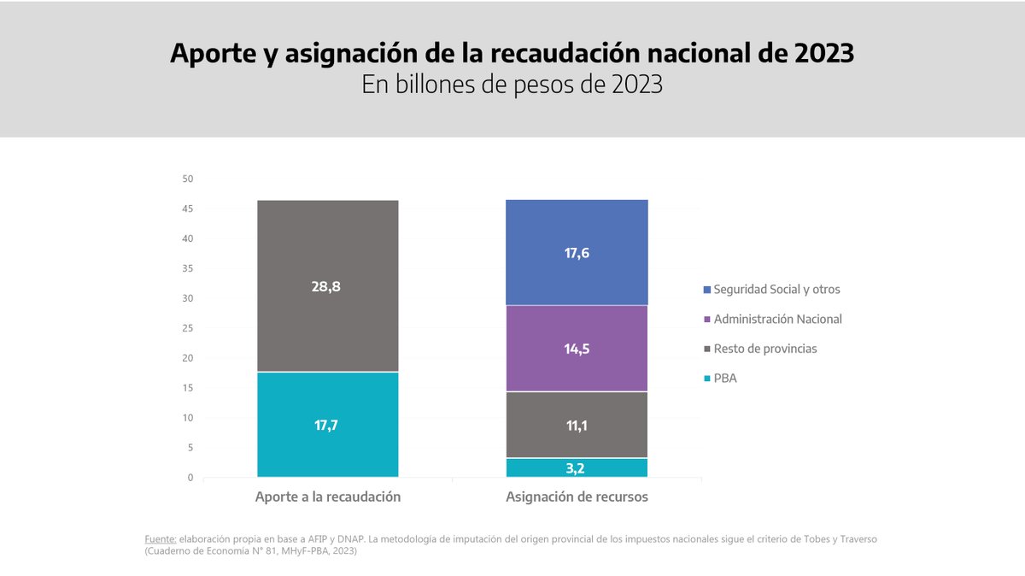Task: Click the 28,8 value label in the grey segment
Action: tap(327, 286)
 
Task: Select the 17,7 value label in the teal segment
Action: tap(327, 425)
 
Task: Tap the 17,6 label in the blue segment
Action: tap(577, 253)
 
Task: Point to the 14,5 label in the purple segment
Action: tap(577, 349)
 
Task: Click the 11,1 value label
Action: tap(577, 425)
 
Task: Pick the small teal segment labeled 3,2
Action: tap(577, 467)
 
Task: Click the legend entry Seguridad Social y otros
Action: tap(776, 290)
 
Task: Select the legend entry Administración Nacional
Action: tap(777, 319)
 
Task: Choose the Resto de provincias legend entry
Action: tap(765, 349)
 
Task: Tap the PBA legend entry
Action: tap(724, 378)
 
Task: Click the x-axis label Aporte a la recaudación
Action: tap(327, 497)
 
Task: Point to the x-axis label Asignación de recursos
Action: tap(577, 497)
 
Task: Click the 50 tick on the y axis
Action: tap(188, 179)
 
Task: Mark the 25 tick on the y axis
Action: tap(188, 328)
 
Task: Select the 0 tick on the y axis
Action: tap(190, 478)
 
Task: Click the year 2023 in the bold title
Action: tap(822, 53)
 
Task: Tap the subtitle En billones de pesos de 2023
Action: tap(512, 85)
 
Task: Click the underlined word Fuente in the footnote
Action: tap(161, 539)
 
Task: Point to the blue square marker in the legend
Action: tap(706, 290)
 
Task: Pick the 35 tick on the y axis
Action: tap(188, 268)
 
